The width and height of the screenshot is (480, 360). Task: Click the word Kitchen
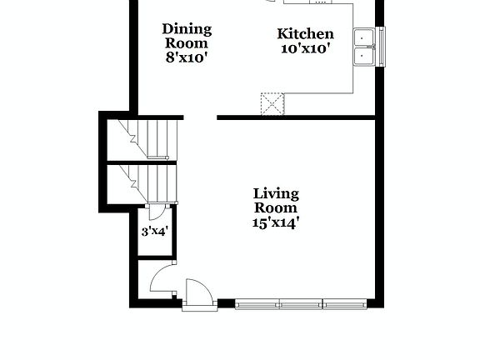tap(305, 34)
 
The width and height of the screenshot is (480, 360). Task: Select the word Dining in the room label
tap(186, 29)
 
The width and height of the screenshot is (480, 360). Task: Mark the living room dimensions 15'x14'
tap(276, 222)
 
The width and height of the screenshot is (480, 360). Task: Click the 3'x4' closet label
tap(154, 231)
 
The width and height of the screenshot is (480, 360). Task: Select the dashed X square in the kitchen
tap(272, 103)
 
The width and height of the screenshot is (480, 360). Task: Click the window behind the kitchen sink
tap(382, 47)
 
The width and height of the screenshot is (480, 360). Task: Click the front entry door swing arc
tap(198, 293)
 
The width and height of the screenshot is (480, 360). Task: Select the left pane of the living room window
tap(257, 304)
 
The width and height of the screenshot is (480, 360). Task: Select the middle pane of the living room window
tap(300, 304)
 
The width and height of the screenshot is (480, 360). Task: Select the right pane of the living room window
tap(342, 304)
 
